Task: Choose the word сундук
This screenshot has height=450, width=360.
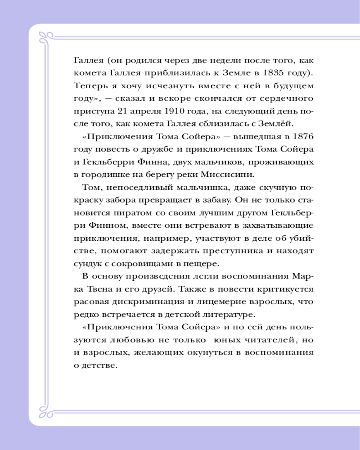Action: [87, 263]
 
